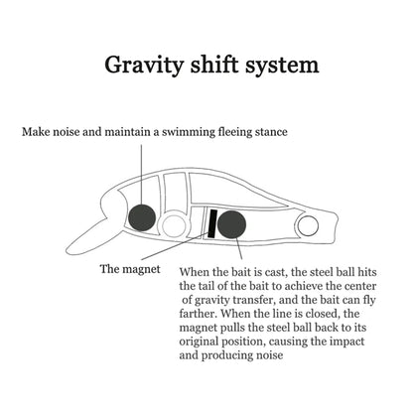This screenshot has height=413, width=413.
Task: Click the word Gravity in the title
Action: click(144, 66)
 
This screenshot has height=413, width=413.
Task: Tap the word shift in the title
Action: click(213, 64)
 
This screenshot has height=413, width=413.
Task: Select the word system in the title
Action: click(282, 66)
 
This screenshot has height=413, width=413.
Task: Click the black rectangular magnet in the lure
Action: click(212, 223)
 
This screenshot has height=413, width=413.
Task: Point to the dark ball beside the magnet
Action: click(231, 224)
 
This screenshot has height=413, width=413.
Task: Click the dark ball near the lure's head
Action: click(142, 217)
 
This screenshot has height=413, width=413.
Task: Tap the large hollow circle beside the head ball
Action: click(174, 224)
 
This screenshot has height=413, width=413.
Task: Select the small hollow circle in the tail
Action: click(308, 225)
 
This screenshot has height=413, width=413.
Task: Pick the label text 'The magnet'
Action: click(130, 269)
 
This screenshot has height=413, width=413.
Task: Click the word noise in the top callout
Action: click(67, 132)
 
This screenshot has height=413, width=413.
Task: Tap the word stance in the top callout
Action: click(271, 132)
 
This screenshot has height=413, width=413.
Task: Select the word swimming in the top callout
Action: click(189, 132)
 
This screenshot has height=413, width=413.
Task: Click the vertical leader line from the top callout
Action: click(141, 174)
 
